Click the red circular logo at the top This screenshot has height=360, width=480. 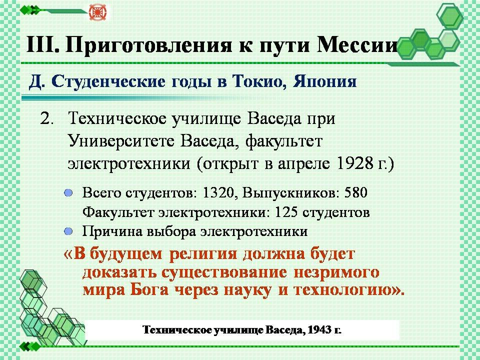97,12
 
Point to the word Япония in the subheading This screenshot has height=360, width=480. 325,81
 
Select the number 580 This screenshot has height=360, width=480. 355,192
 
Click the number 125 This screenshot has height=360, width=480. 286,212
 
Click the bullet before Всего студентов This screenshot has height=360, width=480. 68,193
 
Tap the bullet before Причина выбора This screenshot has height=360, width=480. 68,231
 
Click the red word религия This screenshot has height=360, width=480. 203,254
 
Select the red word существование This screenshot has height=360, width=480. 224,272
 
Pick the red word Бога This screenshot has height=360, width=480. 150,289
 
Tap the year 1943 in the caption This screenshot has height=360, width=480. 318,330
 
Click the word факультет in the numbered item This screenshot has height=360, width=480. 284,141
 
